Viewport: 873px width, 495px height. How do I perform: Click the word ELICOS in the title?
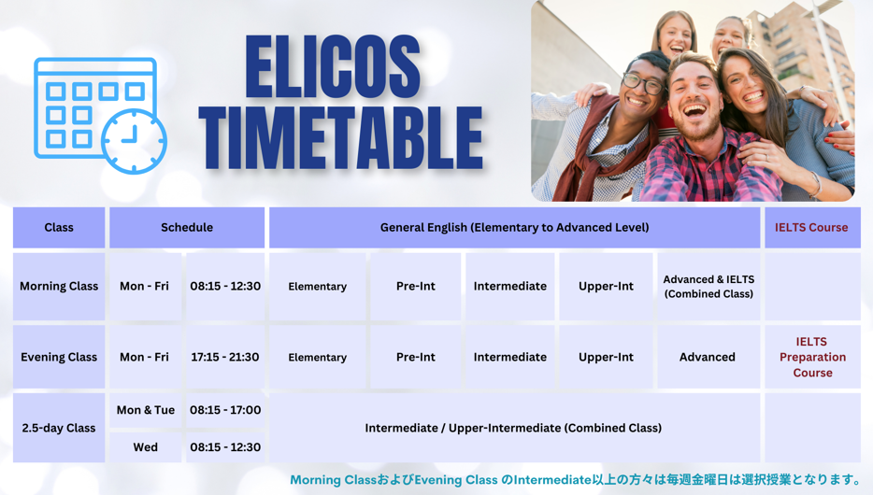(x=333, y=66)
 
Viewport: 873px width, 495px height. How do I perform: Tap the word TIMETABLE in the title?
(x=341, y=138)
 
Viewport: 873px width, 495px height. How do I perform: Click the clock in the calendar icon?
(x=134, y=141)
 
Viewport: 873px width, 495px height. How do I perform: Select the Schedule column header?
(x=187, y=228)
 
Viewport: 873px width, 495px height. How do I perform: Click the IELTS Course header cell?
(x=812, y=228)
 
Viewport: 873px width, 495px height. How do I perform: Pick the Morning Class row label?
(x=59, y=287)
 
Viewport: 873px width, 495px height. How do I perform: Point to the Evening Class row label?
(x=59, y=357)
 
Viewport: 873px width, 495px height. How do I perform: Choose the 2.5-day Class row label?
(x=59, y=429)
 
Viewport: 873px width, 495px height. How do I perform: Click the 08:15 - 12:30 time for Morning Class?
(x=225, y=287)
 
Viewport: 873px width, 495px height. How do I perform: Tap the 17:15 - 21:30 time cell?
(x=225, y=357)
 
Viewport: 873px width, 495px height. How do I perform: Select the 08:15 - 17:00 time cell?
(x=225, y=410)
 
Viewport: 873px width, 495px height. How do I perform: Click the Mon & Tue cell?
(x=145, y=410)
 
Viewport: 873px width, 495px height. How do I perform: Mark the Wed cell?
(x=145, y=447)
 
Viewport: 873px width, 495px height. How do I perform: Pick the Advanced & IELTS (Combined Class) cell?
(x=708, y=287)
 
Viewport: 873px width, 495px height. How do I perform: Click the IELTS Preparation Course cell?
(x=812, y=357)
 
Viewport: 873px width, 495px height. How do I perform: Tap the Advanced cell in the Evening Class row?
(x=708, y=357)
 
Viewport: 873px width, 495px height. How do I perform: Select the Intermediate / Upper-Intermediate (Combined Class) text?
(x=513, y=429)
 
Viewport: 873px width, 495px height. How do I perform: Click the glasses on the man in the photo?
(x=643, y=83)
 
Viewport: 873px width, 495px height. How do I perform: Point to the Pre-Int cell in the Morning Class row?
(x=416, y=287)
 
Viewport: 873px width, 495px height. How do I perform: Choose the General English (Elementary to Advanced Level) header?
(x=514, y=228)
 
